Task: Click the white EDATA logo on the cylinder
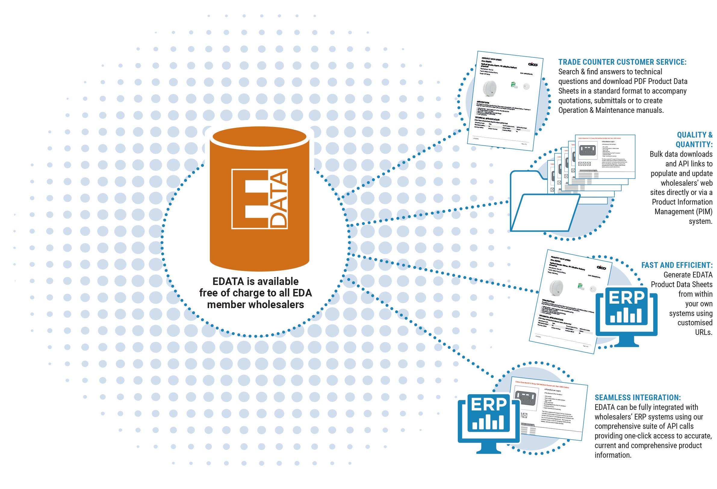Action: [259, 199]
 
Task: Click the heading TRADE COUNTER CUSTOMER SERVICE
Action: [622, 62]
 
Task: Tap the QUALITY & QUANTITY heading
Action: [694, 139]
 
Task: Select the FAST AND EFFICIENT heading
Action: [677, 265]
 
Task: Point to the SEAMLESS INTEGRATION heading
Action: [638, 398]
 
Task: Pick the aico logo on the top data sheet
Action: [532, 64]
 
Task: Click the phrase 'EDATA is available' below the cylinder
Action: [256, 281]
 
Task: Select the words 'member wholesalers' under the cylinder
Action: [256, 305]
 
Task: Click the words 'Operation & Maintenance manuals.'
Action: [611, 110]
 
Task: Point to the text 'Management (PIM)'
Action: [683, 212]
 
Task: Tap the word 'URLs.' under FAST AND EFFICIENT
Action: [704, 332]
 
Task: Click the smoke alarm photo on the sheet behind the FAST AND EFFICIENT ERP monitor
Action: [556, 287]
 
